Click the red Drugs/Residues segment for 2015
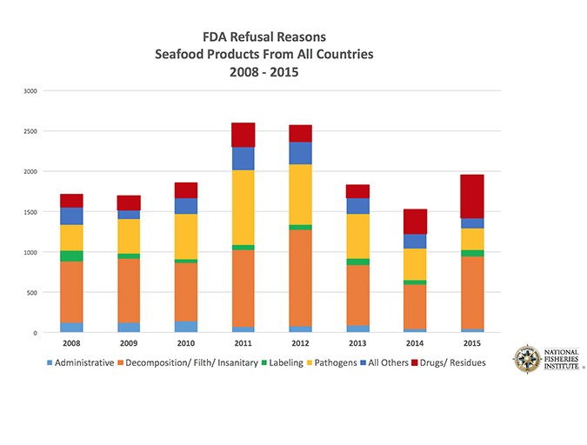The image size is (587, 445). click(x=471, y=196)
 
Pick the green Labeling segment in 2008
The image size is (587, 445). click(x=71, y=256)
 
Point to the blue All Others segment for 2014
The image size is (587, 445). click(x=414, y=241)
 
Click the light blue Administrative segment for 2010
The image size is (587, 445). click(x=185, y=327)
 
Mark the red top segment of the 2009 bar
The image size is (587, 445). click(x=129, y=203)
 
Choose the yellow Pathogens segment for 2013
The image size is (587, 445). click(x=357, y=236)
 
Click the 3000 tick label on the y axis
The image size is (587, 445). click(x=30, y=90)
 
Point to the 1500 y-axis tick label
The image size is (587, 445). click(x=30, y=212)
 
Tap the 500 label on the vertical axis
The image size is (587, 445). click(x=31, y=293)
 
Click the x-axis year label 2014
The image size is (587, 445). click(x=414, y=343)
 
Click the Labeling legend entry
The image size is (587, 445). click(x=282, y=362)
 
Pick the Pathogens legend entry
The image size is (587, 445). click(x=331, y=362)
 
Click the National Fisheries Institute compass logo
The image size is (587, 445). click(x=527, y=359)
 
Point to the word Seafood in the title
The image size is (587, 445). click(x=183, y=54)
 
